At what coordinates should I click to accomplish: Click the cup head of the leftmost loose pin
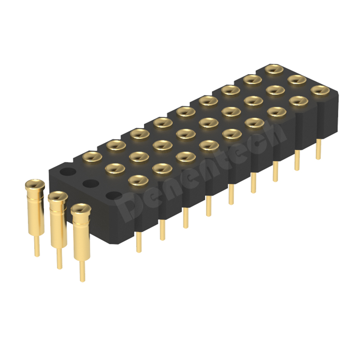[x=35, y=184]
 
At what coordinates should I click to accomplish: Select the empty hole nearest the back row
[x=68, y=171]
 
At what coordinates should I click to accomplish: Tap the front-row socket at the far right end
[x=319, y=90]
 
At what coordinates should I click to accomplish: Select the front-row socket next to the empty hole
[x=138, y=180]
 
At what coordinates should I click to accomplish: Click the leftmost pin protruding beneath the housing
[x=139, y=241]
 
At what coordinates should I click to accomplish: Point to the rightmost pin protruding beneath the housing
[x=319, y=149]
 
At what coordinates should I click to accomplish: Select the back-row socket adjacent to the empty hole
[x=92, y=156]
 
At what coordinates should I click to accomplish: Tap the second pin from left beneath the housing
[x=162, y=229]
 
